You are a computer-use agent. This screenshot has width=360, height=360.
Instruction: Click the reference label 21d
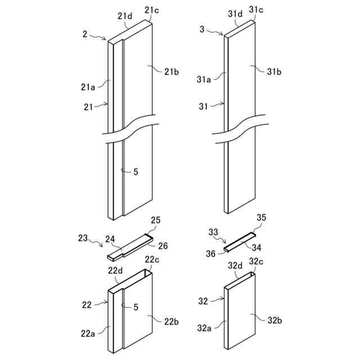coord(125,16)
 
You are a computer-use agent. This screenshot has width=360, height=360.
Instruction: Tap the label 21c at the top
coord(152,10)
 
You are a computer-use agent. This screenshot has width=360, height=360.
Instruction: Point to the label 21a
coord(88,87)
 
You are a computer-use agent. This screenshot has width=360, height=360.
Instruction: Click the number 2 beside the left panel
coord(85,34)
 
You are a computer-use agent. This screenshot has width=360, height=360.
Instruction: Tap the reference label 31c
coord(256,10)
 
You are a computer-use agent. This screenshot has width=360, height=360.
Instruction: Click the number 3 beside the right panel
coord(202,29)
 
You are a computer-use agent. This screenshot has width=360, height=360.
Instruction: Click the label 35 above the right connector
coord(262,217)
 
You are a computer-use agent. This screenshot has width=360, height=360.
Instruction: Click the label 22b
coord(172,321)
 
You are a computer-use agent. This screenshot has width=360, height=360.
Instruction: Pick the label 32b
coord(274,321)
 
